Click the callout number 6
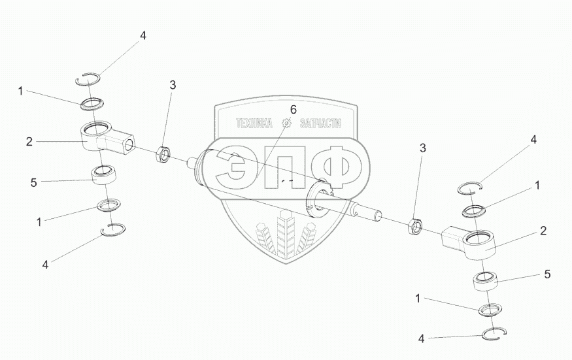click(294, 109)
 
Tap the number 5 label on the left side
click(34, 184)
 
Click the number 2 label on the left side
click(29, 140)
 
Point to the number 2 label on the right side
click(543, 231)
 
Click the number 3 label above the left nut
click(173, 85)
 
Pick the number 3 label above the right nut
click(422, 149)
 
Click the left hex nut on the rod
click(163, 154)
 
